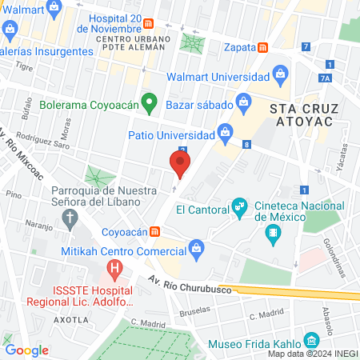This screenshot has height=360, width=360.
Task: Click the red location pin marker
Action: [x=179, y=163]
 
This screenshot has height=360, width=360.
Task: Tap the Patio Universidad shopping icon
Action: [x=226, y=133]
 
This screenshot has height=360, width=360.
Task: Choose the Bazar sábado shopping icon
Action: [x=243, y=102]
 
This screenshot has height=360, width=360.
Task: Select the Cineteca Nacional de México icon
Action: [x=274, y=233]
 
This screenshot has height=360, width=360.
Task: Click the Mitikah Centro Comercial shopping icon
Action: [x=196, y=250]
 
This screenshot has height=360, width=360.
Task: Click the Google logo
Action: [x=27, y=349]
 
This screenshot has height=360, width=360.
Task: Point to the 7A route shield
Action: [x=324, y=78]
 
